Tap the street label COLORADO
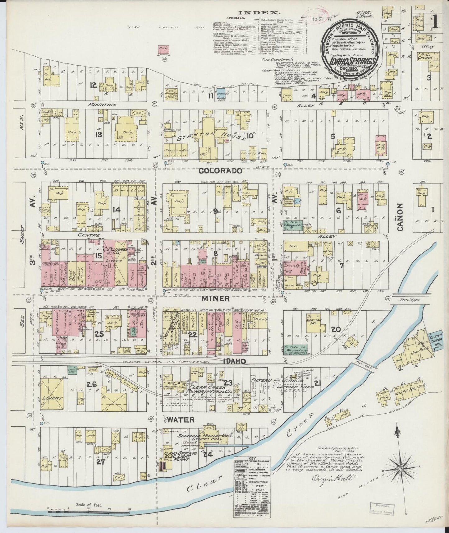[x=220, y=171]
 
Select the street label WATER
[x=181, y=420]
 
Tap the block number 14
[x=117, y=210]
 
